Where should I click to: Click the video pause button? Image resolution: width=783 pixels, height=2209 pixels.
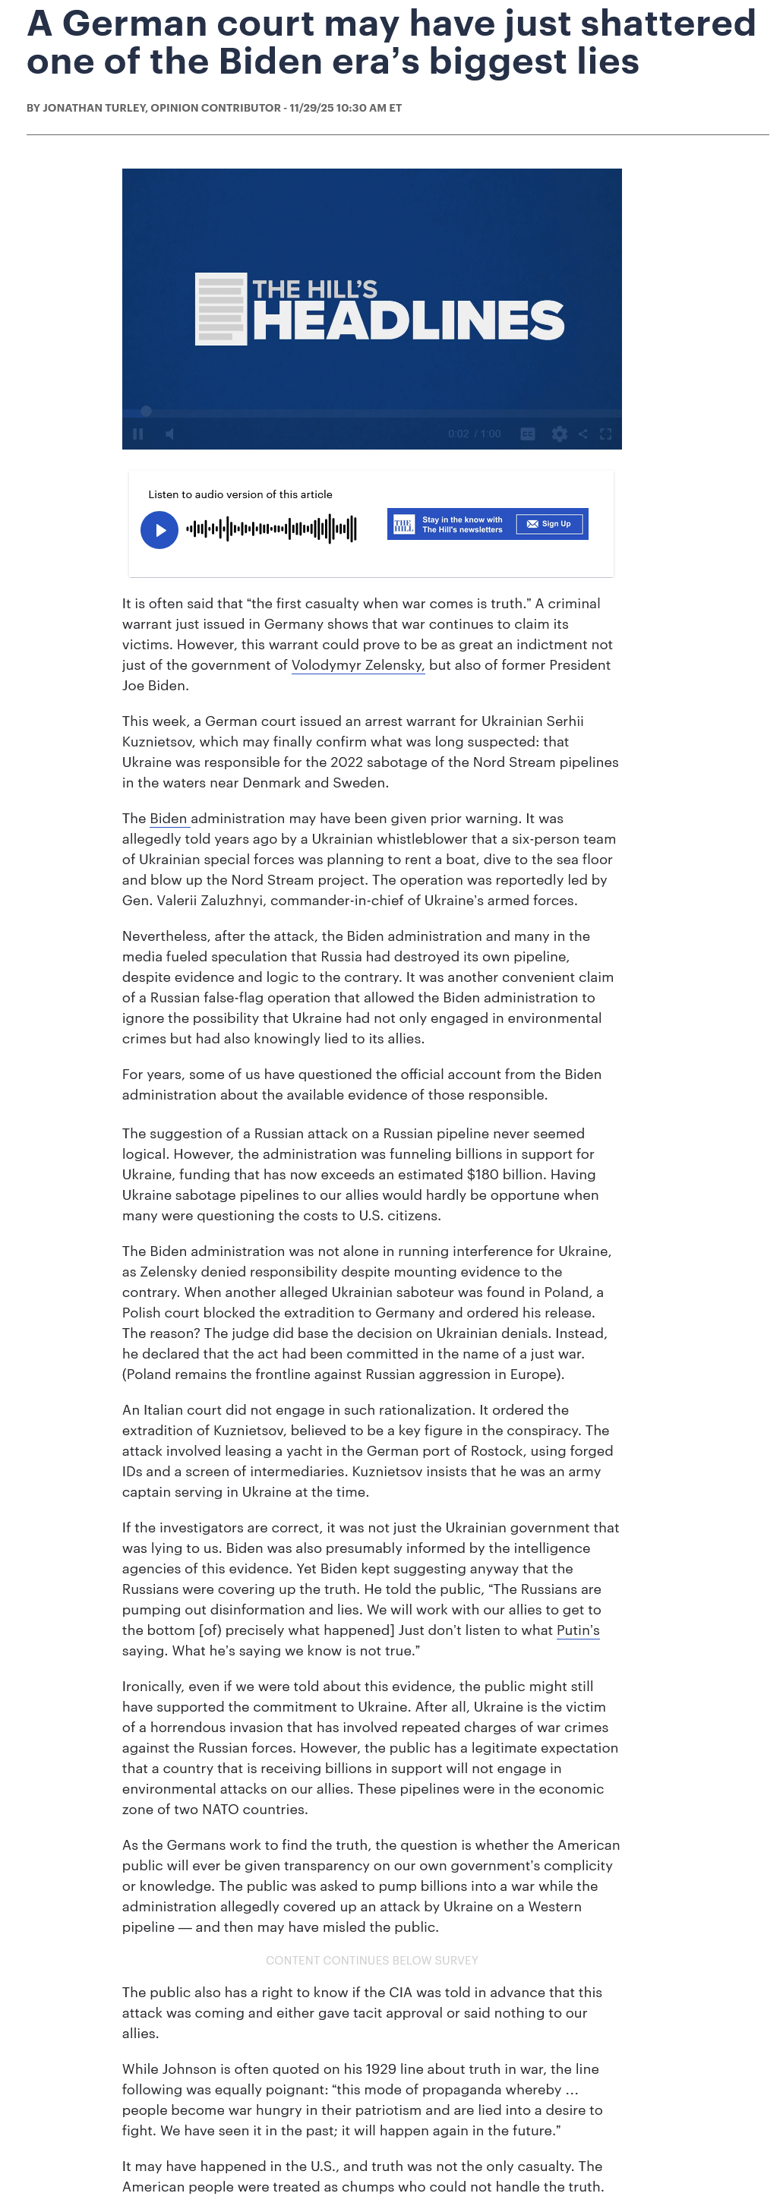click(x=138, y=434)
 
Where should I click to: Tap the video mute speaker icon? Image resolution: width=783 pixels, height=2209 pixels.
click(x=170, y=434)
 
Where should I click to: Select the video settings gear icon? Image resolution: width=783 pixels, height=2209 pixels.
click(x=559, y=434)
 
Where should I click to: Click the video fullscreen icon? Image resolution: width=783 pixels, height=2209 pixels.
click(x=605, y=434)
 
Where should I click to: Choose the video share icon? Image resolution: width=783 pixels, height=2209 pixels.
click(x=583, y=434)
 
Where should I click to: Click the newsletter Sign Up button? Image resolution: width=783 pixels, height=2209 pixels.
click(x=549, y=524)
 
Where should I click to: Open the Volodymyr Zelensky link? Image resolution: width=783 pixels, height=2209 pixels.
click(x=358, y=664)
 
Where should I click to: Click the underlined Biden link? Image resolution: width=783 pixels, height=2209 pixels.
click(x=169, y=818)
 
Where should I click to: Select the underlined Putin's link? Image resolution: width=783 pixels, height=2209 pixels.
click(x=578, y=1630)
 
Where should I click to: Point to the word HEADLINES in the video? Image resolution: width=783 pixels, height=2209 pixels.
click(x=409, y=320)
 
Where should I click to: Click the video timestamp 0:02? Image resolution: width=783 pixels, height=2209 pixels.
click(x=458, y=434)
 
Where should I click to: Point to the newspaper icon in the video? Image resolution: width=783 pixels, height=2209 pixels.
click(x=221, y=309)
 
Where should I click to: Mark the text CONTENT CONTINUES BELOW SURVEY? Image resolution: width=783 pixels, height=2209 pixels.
click(x=372, y=1961)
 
